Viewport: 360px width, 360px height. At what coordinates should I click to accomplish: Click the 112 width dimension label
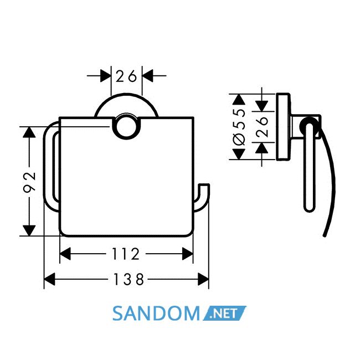tap(126, 254)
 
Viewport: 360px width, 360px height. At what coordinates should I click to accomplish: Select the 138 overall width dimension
tap(129, 279)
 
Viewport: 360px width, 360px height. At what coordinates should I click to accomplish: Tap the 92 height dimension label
tap(30, 181)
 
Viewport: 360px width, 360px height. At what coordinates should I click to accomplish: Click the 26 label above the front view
tap(126, 76)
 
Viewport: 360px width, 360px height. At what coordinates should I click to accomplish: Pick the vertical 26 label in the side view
tap(262, 127)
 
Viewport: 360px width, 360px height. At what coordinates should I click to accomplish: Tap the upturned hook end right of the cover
tap(202, 197)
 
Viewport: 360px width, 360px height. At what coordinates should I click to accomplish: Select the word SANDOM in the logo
tap(156, 313)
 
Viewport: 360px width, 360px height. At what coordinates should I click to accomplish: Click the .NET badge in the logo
tap(224, 313)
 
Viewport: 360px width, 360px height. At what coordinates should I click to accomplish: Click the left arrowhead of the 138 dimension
tap(49, 279)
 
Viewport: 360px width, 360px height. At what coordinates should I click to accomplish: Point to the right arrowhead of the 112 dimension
tap(188, 254)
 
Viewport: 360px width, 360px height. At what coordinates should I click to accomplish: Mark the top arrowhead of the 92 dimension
tap(29, 132)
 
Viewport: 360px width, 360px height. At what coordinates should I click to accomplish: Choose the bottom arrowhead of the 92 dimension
tap(29, 230)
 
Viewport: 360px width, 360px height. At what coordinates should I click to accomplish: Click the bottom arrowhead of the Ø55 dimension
tap(239, 154)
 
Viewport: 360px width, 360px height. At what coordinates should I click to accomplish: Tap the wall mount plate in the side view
tap(284, 126)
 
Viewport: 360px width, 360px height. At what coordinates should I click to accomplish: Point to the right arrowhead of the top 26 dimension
tap(147, 75)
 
